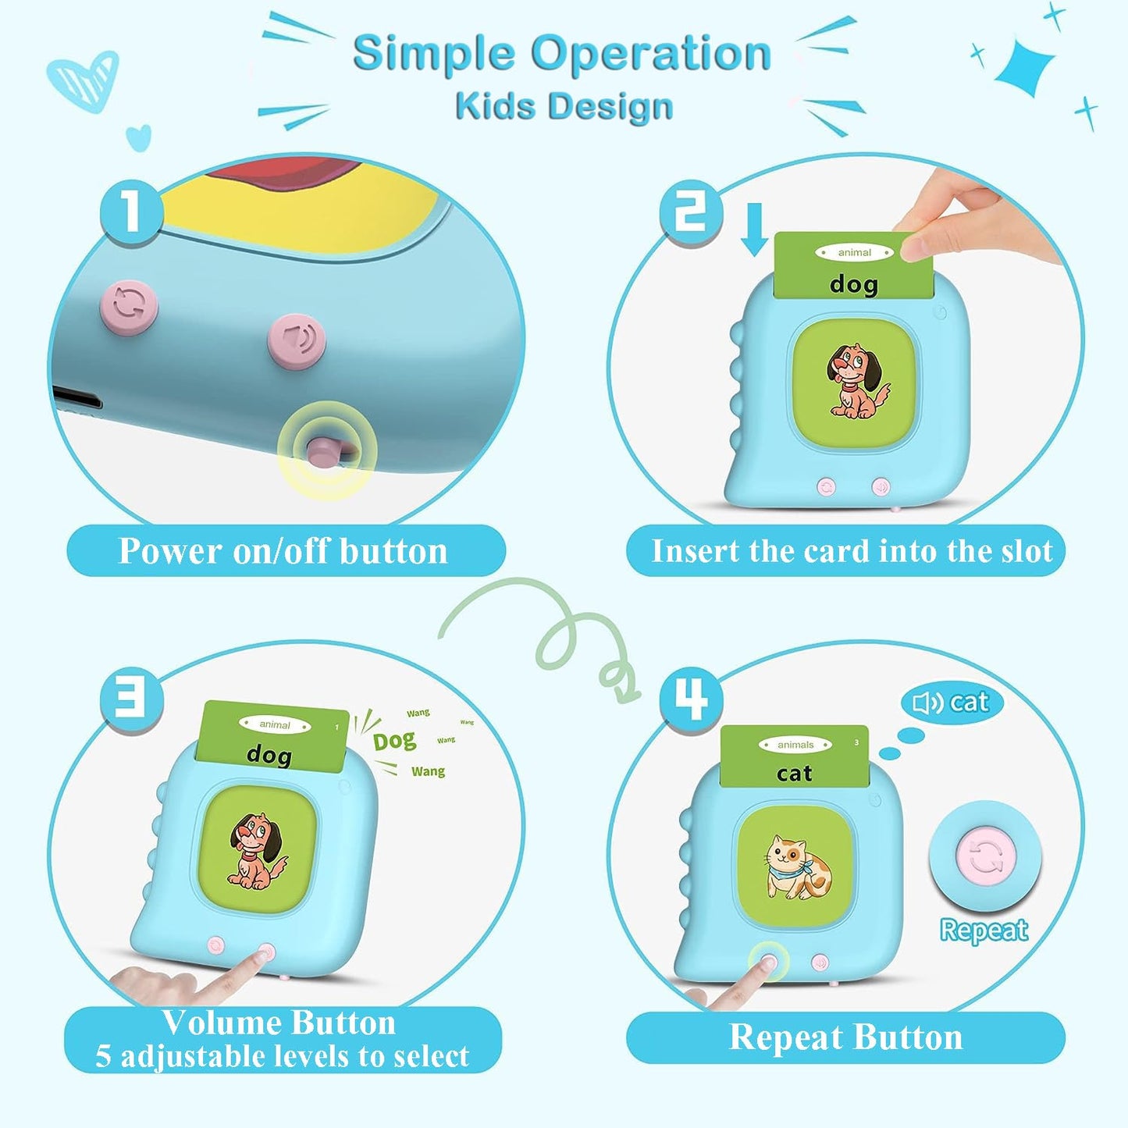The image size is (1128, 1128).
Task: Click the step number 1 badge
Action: [x=130, y=212]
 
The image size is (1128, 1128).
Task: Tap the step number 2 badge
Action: [x=690, y=212]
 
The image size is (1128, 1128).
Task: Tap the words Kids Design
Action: [x=564, y=106]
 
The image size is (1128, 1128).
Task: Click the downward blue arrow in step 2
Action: [x=755, y=229]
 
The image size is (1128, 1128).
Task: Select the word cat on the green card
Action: [x=795, y=774]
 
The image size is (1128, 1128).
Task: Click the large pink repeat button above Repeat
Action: [x=985, y=856]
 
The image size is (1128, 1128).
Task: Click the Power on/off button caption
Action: [x=284, y=551]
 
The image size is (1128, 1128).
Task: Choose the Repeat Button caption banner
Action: [x=845, y=1037]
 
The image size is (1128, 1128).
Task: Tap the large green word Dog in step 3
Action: [x=394, y=741]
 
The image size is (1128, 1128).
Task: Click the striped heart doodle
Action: [x=83, y=80]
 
